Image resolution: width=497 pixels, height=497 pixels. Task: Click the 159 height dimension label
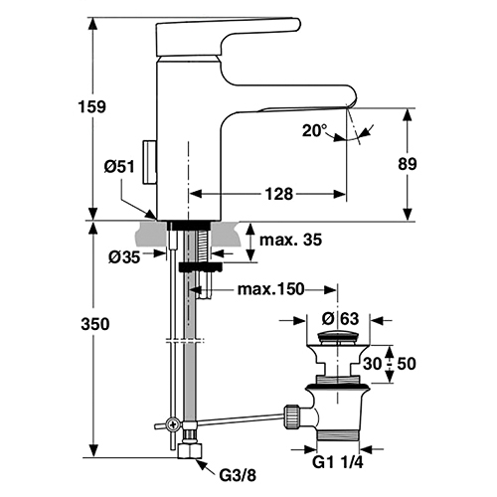click(x=91, y=106)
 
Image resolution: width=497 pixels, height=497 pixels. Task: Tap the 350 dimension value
click(x=95, y=324)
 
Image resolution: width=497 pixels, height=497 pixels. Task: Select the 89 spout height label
click(x=408, y=164)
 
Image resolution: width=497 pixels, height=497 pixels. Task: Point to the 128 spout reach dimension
click(x=279, y=194)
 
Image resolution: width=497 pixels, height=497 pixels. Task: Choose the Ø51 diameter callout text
click(x=119, y=166)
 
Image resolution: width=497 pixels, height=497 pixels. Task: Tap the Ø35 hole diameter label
click(x=124, y=256)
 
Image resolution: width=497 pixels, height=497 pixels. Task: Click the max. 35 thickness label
click(x=290, y=240)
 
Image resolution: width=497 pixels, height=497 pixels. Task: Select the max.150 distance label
click(x=270, y=289)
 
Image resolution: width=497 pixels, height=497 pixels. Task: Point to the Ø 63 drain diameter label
click(x=340, y=319)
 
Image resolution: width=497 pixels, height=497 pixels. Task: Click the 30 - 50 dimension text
click(x=390, y=364)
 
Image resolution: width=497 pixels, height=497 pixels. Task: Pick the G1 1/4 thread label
click(x=338, y=462)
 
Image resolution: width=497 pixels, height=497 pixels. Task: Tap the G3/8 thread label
click(x=238, y=476)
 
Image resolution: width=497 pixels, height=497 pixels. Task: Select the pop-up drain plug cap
click(x=337, y=338)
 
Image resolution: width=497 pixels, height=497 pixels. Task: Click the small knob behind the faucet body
click(x=149, y=162)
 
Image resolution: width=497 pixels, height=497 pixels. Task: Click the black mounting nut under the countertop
click(x=200, y=267)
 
